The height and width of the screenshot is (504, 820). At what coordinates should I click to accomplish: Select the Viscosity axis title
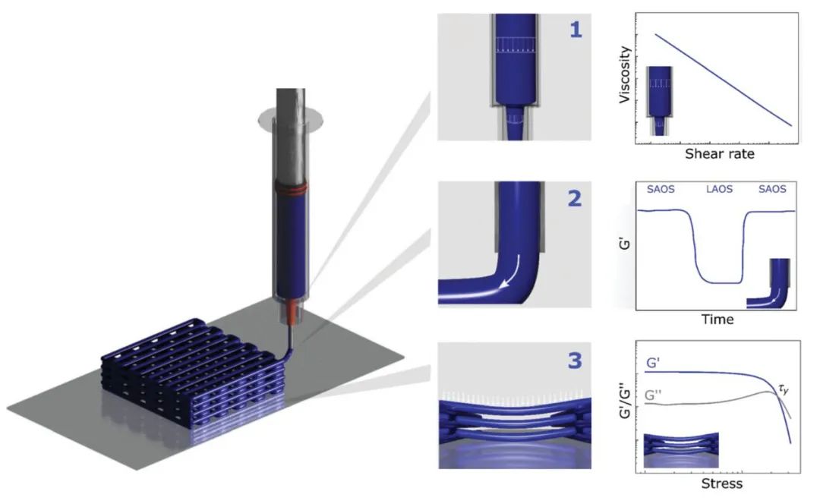[x=625, y=75]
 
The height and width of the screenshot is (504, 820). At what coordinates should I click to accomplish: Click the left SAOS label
[x=661, y=188]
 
